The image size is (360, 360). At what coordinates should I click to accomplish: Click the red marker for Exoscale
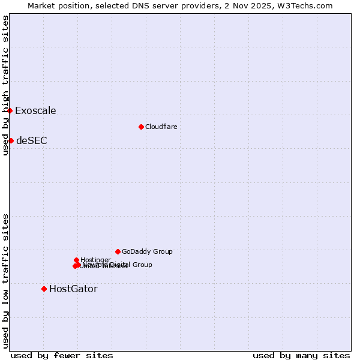[x=10, y=110]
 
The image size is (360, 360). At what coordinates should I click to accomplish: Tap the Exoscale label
[x=35, y=110]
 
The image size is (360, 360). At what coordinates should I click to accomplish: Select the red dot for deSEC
[x=11, y=140]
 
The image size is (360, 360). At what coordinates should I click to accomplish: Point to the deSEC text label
[x=31, y=141]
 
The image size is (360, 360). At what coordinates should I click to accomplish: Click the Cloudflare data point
[x=141, y=127]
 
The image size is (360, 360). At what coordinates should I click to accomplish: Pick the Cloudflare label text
[x=161, y=127]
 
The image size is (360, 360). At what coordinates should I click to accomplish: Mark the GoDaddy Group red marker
[x=118, y=251]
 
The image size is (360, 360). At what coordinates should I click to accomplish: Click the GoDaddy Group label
[x=147, y=252]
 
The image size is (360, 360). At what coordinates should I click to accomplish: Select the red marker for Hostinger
[x=76, y=260]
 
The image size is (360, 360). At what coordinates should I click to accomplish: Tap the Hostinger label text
[x=95, y=260]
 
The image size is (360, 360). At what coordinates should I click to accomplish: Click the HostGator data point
[x=44, y=289]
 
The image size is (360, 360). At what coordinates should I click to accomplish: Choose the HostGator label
[x=73, y=289]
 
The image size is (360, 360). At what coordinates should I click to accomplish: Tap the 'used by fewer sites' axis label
[x=62, y=355]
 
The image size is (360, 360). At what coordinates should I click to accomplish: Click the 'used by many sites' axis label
[x=301, y=355]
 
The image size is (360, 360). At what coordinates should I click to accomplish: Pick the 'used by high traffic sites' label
[x=5, y=86]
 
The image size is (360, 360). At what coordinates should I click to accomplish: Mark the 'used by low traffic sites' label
[x=5, y=281]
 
